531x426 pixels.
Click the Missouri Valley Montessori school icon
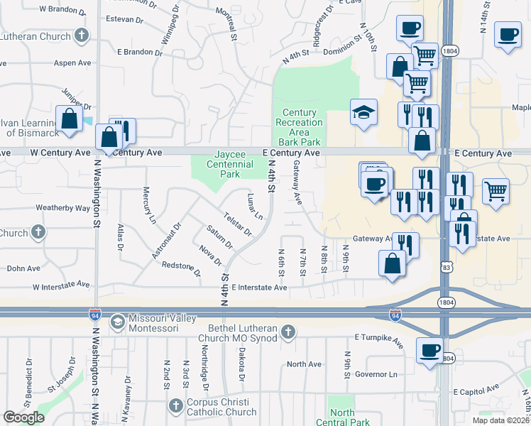(116, 322)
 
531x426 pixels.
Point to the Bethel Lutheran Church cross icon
(288, 332)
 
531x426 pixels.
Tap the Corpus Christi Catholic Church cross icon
(176, 406)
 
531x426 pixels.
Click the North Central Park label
(342, 417)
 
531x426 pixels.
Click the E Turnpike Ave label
(379, 342)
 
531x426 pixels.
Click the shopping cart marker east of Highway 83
(496, 189)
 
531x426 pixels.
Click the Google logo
(24, 417)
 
